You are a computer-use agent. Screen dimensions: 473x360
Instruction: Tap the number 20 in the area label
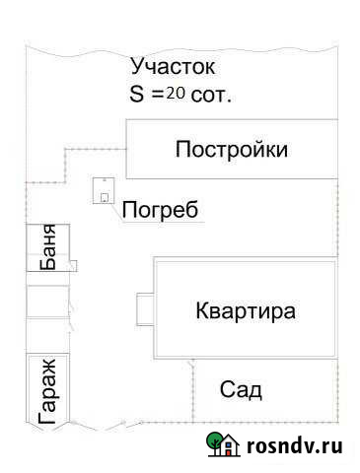(x=176, y=94)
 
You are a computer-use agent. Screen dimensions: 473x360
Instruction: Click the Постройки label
(x=232, y=150)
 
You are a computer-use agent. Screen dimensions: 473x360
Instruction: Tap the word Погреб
(x=160, y=210)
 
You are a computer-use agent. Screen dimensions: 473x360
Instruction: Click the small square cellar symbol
(x=104, y=189)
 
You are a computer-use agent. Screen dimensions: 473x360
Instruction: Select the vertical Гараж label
(x=47, y=391)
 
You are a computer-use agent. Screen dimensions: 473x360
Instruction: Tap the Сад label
(x=241, y=390)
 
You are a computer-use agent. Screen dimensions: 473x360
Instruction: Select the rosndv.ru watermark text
(x=297, y=446)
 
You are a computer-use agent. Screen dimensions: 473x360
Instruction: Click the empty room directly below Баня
(x=47, y=302)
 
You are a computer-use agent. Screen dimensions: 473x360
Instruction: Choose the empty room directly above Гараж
(x=47, y=335)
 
